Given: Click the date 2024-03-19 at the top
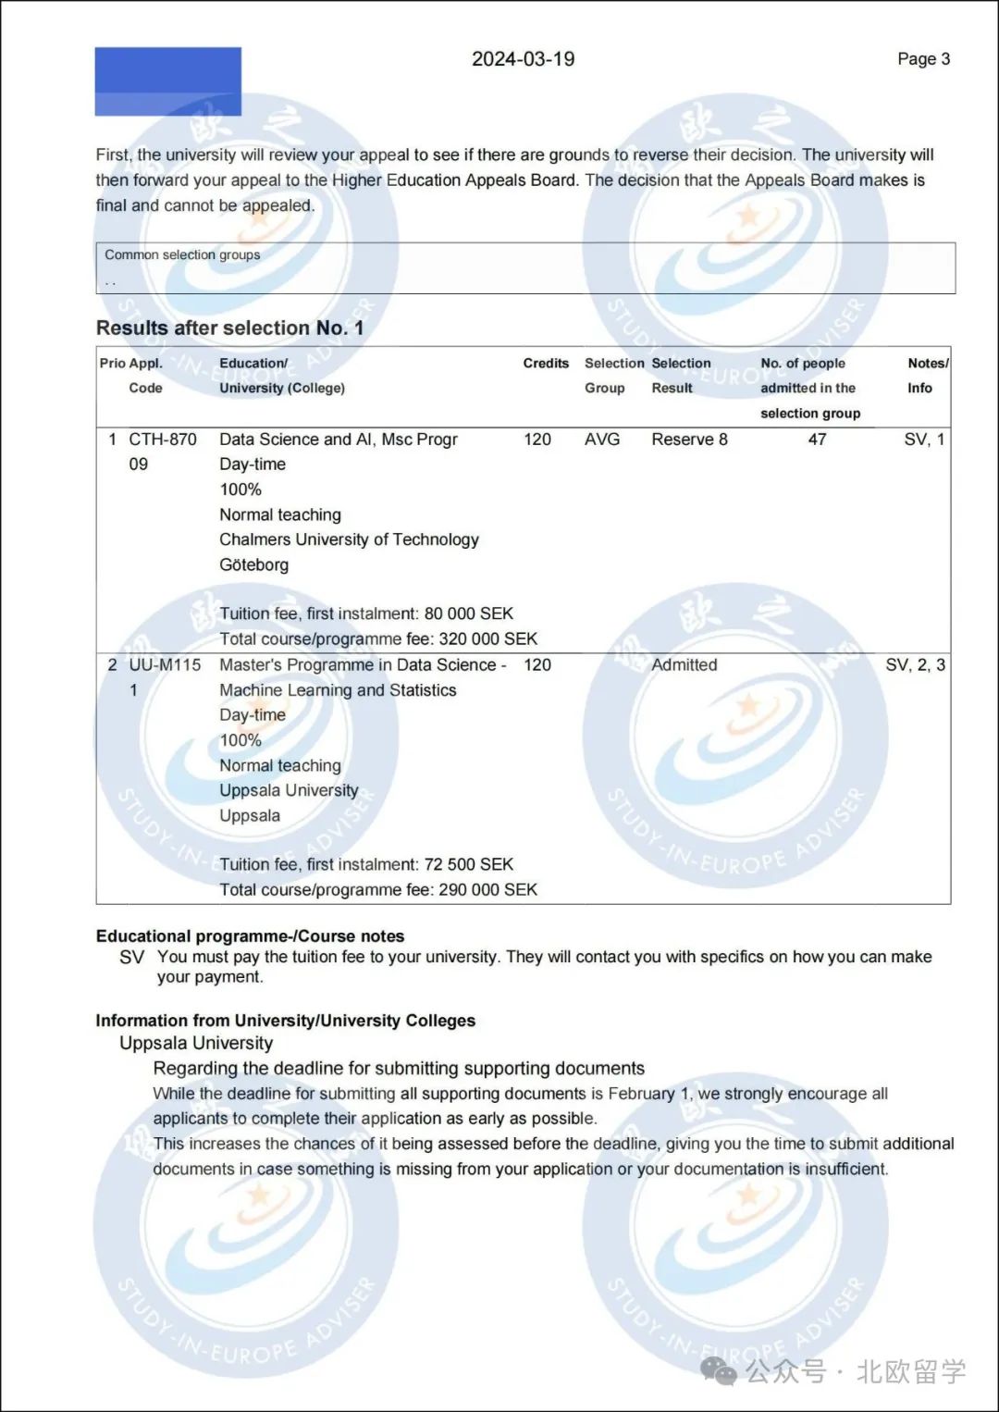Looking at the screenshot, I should [523, 59].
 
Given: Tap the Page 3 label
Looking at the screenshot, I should [923, 59].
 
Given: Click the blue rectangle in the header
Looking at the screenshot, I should [167, 81].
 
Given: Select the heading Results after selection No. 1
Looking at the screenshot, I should [229, 328].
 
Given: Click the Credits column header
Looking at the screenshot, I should [546, 364].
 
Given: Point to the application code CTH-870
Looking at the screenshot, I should [163, 440].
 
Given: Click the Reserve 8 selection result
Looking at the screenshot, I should [689, 440].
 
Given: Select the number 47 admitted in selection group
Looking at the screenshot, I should [817, 440].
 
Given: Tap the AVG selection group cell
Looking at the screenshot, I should [602, 440].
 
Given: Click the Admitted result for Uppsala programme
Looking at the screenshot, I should [684, 665].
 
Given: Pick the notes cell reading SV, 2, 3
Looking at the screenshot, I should [915, 665].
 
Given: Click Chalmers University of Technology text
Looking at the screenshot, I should [349, 539].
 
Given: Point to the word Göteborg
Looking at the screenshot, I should [253, 564].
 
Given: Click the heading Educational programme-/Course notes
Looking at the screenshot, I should [250, 936].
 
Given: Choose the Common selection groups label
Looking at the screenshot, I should [182, 255].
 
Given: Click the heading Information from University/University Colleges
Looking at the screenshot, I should [285, 1021].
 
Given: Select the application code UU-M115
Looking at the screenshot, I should [165, 665].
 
